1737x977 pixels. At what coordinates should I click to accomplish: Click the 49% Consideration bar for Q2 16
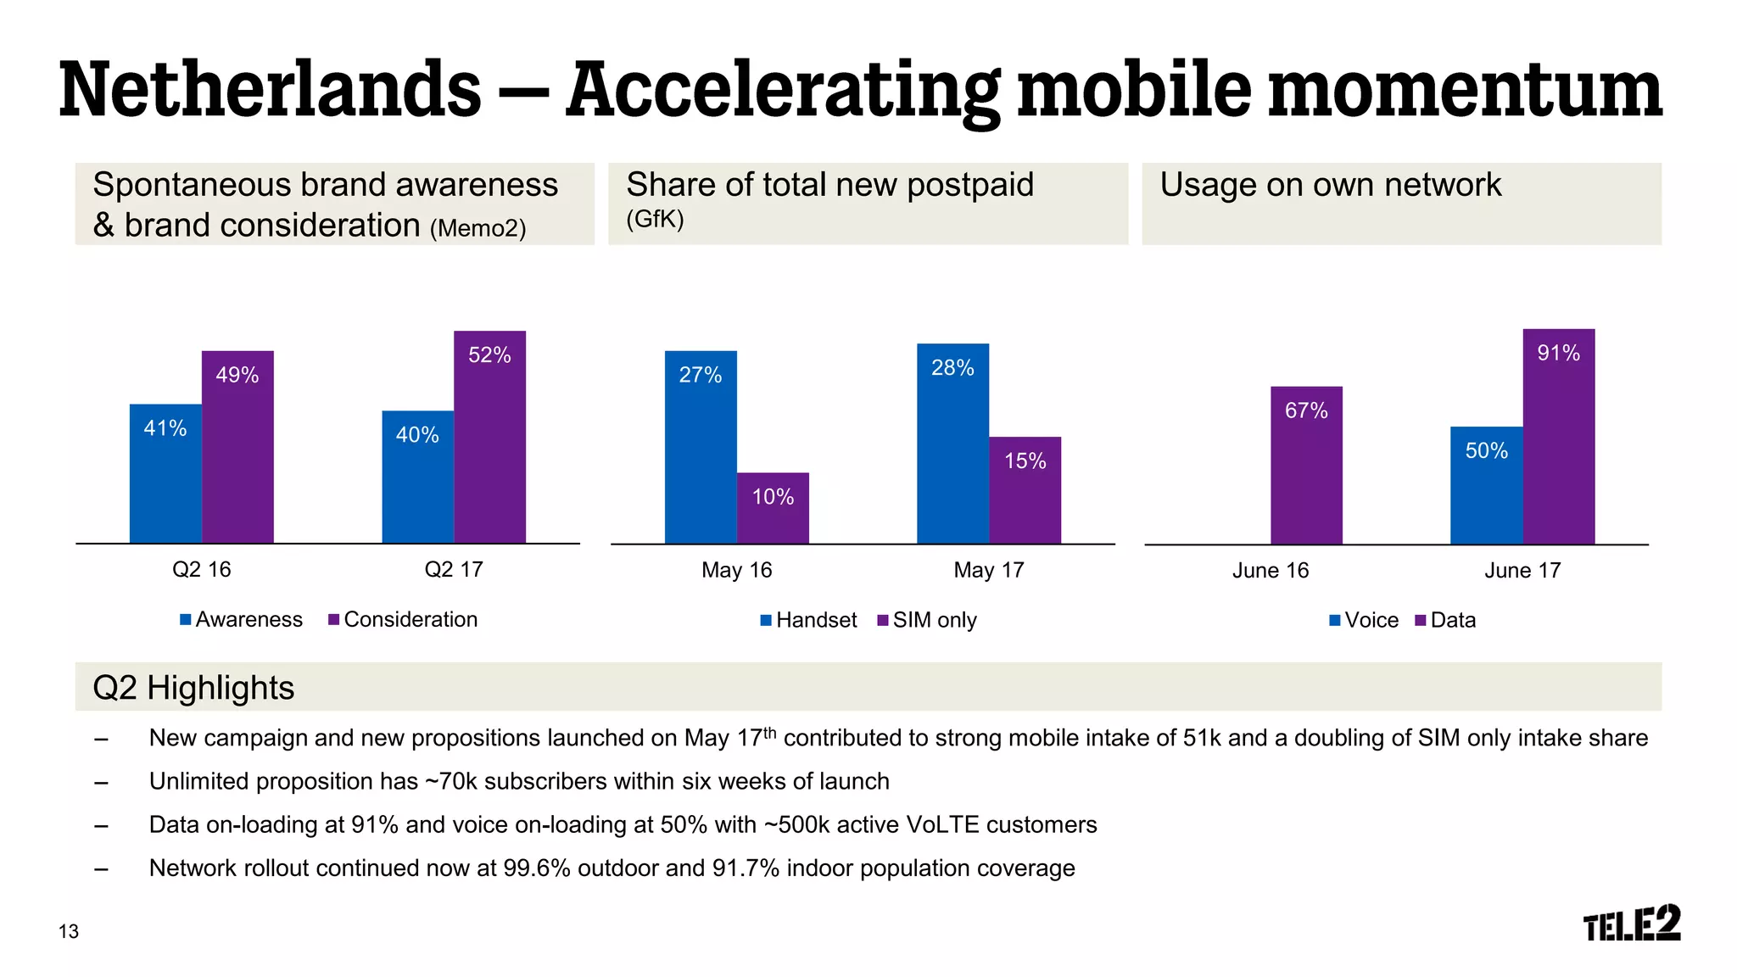point(237,446)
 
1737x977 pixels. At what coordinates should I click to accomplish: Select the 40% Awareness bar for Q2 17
point(417,477)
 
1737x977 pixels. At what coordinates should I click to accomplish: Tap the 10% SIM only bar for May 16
point(773,508)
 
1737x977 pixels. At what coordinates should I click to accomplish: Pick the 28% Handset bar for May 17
point(952,443)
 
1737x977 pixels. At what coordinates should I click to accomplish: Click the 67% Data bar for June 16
point(1306,465)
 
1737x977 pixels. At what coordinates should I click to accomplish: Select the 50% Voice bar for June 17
point(1486,485)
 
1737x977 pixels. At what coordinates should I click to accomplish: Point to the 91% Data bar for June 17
point(1558,436)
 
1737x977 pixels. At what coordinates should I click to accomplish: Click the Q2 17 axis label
point(454,570)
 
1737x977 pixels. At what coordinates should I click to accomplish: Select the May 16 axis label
point(736,571)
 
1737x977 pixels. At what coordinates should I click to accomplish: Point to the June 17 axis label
point(1522,571)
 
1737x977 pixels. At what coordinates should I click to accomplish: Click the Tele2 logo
point(1631,924)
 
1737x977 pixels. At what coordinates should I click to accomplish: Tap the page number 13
point(69,932)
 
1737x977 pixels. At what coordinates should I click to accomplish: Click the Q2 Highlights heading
point(193,688)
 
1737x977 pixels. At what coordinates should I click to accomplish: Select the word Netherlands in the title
point(270,90)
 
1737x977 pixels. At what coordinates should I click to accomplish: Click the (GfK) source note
point(655,220)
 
